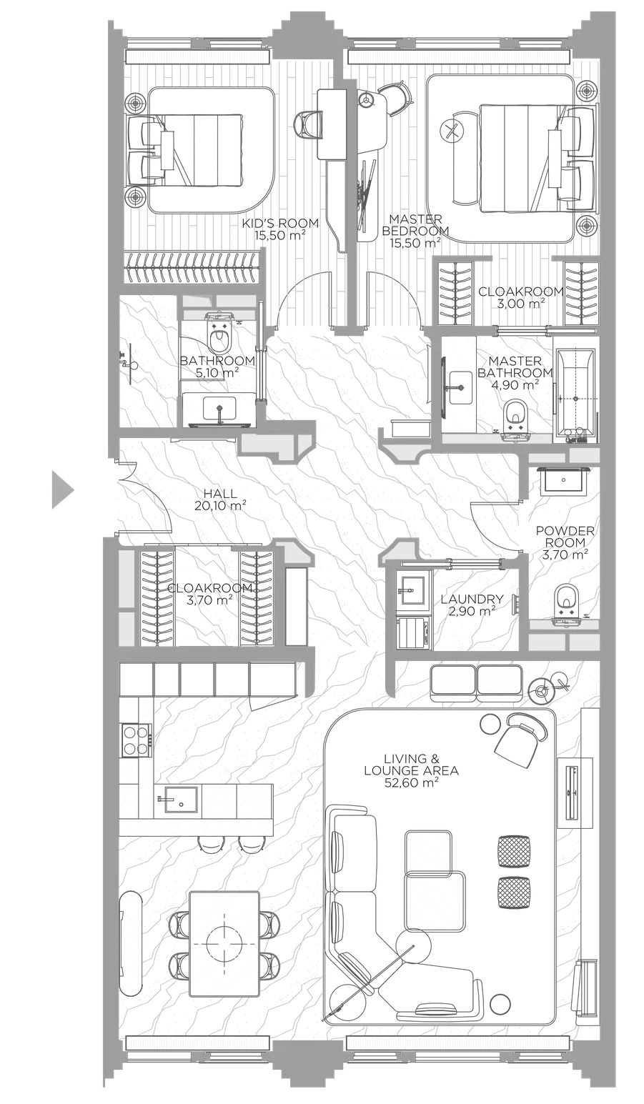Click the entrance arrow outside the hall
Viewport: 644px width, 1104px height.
pyautogui.click(x=61, y=489)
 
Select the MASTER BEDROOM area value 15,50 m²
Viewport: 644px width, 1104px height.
pyautogui.click(x=415, y=243)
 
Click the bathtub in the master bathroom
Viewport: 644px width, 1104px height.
pyautogui.click(x=575, y=393)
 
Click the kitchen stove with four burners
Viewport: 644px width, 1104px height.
pyautogui.click(x=136, y=740)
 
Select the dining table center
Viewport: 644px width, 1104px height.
pyautogui.click(x=224, y=943)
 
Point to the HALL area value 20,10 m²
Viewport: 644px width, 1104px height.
pyautogui.click(x=220, y=504)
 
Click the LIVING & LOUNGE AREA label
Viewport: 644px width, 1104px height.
pyautogui.click(x=411, y=764)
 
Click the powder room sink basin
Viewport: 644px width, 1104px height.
pyautogui.click(x=563, y=481)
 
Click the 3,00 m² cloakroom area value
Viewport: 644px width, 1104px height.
pyautogui.click(x=522, y=303)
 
